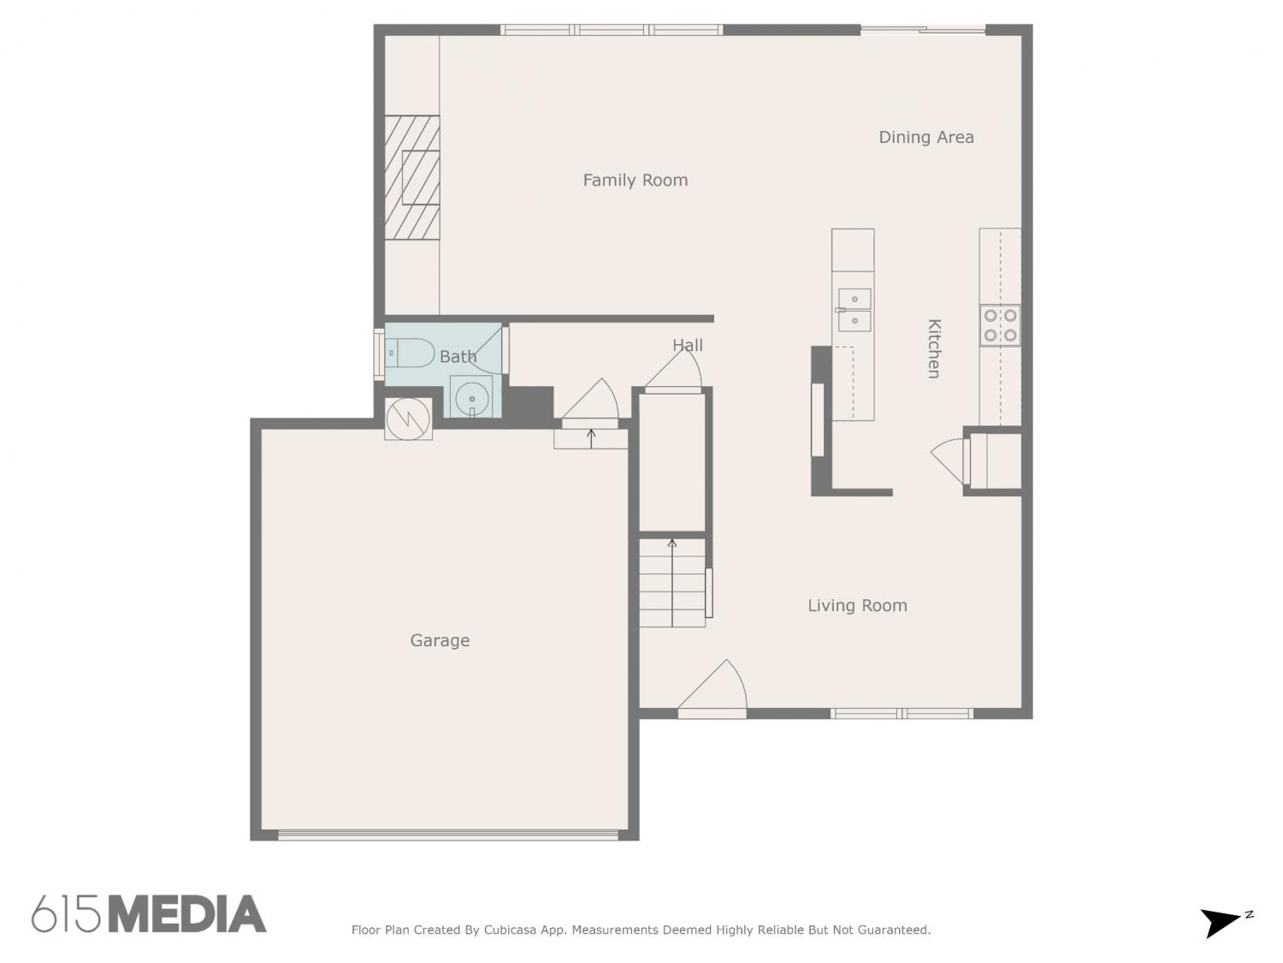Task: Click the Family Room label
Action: coord(635,180)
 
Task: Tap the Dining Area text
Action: coord(925,138)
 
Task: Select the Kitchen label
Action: coord(933,348)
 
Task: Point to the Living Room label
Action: coord(857,606)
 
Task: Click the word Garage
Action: coord(440,641)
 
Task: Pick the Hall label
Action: coord(688,345)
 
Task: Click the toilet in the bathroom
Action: coord(409,354)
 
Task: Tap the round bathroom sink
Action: coord(471,398)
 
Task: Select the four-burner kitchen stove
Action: coord(1000,325)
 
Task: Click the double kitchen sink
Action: coord(854,310)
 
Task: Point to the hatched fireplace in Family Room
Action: coord(412,178)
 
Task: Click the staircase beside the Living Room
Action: coord(672,583)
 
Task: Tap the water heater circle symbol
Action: coord(408,419)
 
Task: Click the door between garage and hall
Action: coord(590,404)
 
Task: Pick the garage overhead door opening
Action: coord(447,835)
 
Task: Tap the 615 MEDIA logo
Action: coord(149,914)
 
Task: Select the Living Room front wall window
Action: coord(902,713)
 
